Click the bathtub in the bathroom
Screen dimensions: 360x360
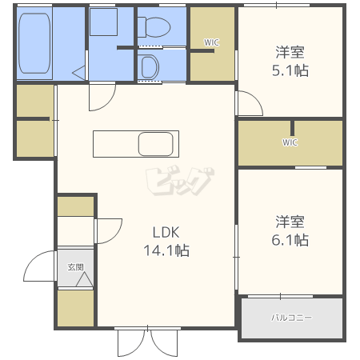tap(34, 43)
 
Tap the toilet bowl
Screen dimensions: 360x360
tap(154, 27)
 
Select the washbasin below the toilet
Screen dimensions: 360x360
tap(150, 67)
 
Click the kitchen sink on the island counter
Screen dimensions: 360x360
tap(156, 144)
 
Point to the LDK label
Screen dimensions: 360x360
tap(166, 232)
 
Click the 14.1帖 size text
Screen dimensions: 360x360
tap(166, 250)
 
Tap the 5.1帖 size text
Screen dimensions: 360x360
tap(290, 70)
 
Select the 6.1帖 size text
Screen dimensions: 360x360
tap(290, 240)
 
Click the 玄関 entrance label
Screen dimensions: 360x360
tap(75, 267)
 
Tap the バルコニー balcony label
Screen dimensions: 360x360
tap(291, 318)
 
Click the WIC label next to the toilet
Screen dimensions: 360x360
tap(211, 42)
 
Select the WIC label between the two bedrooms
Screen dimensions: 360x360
tap(290, 142)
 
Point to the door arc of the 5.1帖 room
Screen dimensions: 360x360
tap(255, 98)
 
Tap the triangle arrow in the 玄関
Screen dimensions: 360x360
tap(85, 279)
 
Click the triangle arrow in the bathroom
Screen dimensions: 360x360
tap(79, 73)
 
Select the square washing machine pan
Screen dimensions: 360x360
tap(103, 22)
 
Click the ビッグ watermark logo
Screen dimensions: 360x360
tap(180, 181)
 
